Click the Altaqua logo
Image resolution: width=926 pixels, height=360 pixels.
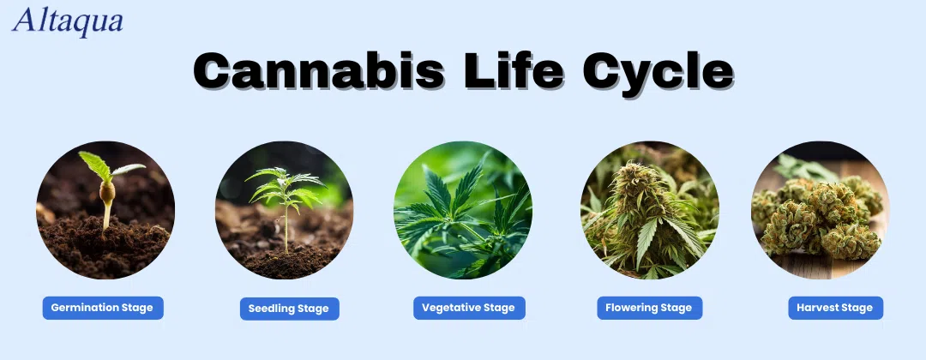point(68,21)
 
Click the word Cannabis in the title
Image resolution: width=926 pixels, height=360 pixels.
point(318,70)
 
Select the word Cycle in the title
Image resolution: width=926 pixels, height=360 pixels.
point(658,73)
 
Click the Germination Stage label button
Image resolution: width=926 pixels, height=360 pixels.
point(103,308)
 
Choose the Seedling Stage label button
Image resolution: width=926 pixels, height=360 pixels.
point(290,309)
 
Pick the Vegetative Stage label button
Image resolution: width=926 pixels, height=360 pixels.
point(469,308)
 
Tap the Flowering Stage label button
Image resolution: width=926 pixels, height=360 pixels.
point(650,308)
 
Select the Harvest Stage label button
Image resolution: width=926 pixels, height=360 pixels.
point(835,308)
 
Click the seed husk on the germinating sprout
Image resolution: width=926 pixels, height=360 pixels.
point(107,191)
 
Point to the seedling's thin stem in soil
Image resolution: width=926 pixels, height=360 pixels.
point(286,227)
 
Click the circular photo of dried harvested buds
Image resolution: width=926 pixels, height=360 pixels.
point(820,210)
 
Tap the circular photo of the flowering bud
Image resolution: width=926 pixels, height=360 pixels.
point(650,210)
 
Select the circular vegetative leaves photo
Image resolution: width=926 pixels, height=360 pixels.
point(463,210)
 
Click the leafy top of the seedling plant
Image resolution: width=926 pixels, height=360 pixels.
point(285,186)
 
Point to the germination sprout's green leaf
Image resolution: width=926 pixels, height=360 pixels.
point(96,165)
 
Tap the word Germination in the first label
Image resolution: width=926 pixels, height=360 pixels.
point(85,308)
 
